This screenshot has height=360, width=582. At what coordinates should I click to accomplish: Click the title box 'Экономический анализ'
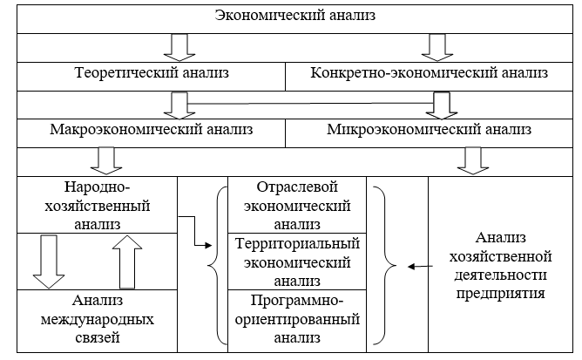tap(290, 17)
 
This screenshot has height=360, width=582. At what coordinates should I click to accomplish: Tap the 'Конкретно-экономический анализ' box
tap(430, 74)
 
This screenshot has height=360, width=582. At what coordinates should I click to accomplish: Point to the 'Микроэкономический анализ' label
tap(429, 131)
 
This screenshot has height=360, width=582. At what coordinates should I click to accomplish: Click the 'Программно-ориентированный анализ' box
tap(297, 319)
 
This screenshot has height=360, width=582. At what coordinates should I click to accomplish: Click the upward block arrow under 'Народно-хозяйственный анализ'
tap(125, 262)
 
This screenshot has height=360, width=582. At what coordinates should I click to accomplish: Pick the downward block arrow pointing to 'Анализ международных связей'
tap(49, 262)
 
